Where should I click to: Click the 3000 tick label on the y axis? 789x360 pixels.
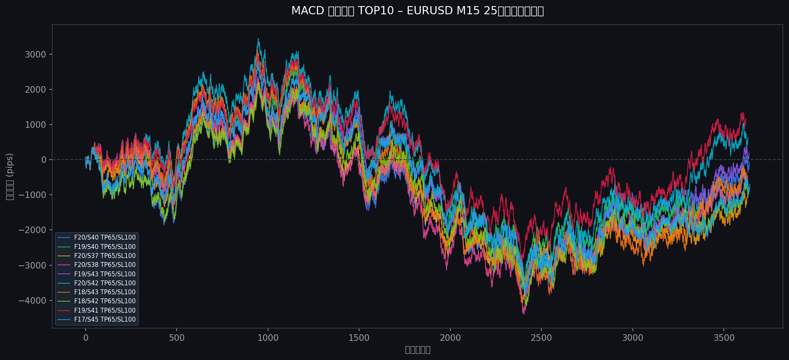(35, 55)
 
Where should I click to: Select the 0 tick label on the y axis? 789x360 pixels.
(44, 160)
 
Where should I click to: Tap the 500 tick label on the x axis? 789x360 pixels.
(177, 338)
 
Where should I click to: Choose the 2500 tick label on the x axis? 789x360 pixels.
(541, 338)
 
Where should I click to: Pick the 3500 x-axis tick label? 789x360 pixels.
(724, 338)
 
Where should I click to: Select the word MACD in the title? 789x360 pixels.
(308, 11)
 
